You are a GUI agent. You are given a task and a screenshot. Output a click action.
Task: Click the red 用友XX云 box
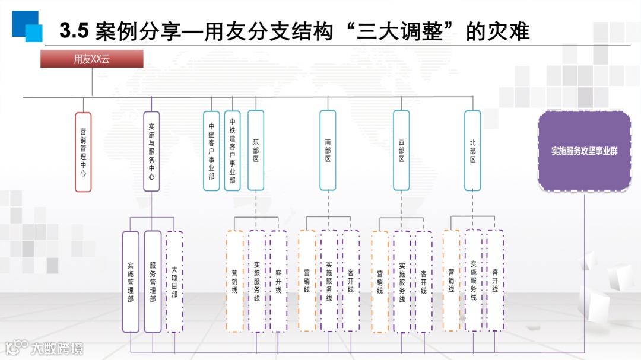click(x=92, y=59)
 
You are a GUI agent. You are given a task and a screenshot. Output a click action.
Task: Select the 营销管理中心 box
click(x=84, y=152)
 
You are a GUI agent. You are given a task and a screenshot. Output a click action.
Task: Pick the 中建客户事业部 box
click(x=211, y=151)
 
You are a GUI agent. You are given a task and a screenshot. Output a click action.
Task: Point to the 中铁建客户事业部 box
click(x=232, y=151)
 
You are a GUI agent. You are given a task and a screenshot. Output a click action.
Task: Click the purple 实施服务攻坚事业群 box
click(x=584, y=151)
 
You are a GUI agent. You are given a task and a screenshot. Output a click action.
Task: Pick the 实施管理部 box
click(x=131, y=282)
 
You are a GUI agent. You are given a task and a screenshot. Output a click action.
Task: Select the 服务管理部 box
click(x=153, y=282)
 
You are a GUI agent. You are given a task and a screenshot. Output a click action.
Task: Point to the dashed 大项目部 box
click(x=174, y=282)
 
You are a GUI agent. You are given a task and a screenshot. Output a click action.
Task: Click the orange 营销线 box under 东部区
click(x=234, y=281)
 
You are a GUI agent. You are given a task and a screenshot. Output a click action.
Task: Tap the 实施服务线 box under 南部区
click(x=329, y=281)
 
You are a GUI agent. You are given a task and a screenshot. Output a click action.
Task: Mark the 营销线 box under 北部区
click(x=451, y=281)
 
